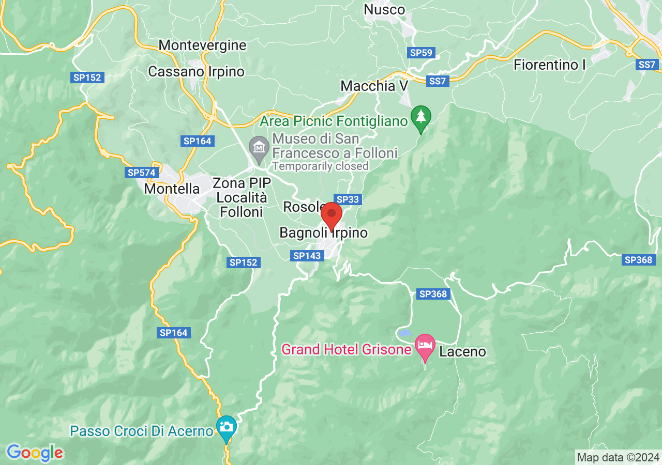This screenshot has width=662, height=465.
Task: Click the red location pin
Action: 332,214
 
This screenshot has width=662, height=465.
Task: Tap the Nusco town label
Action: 384,9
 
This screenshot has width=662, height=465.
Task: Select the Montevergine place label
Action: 202,45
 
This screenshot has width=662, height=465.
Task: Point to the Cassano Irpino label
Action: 196,71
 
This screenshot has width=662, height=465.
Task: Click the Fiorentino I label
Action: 550,65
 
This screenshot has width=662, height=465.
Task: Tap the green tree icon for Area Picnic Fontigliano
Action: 421,117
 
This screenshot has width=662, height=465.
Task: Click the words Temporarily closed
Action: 320,166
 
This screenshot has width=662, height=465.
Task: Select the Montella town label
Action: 172,189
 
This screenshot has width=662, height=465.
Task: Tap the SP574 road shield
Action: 142,173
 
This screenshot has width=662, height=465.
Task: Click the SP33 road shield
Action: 348,199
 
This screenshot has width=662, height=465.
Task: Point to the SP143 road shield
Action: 308,255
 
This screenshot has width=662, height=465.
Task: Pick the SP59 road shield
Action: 422,52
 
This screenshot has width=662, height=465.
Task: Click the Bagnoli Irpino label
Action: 323,233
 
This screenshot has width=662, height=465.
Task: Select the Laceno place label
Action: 462,352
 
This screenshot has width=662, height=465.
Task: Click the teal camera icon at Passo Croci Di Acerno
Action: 227,427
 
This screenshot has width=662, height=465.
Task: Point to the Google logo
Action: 35,453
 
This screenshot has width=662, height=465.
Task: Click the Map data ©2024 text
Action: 618,457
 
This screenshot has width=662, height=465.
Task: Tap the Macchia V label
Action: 374,86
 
